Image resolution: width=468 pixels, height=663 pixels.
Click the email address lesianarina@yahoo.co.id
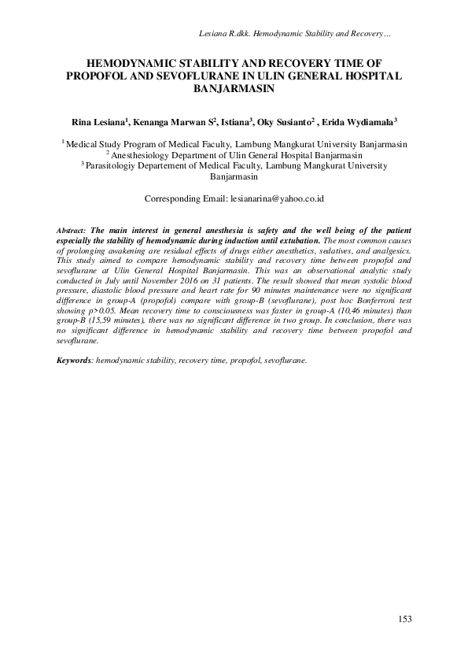275,199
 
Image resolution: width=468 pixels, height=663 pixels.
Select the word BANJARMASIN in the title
234,89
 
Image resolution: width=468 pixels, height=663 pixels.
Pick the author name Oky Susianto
291,122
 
